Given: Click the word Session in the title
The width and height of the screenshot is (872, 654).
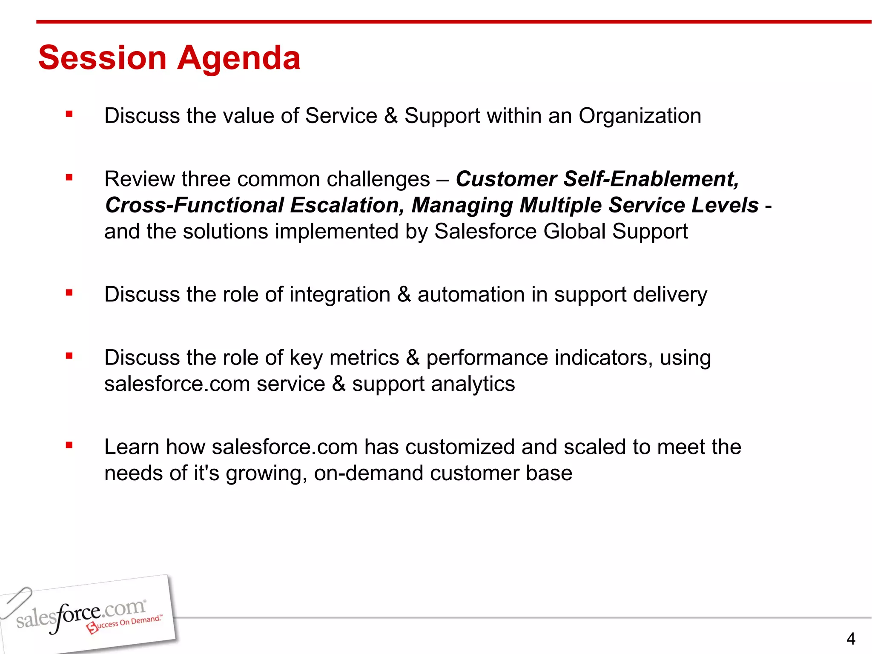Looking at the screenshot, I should coord(102,58).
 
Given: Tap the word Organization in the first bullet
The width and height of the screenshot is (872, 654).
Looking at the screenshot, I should coord(640,116).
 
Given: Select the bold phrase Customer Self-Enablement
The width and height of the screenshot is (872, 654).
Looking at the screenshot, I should coord(597,179).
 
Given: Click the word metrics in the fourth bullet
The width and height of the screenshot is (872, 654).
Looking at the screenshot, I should coord(364,358).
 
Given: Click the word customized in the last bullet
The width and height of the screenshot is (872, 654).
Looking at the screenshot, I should coord(460,447).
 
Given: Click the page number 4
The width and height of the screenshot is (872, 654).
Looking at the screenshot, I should coord(850,639).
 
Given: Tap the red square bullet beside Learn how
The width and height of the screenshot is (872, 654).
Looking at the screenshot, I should coord(69,446).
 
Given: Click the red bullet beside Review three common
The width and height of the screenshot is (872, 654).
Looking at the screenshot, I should coord(69,178).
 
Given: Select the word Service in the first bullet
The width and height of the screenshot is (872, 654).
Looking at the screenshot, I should coord(341,116).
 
